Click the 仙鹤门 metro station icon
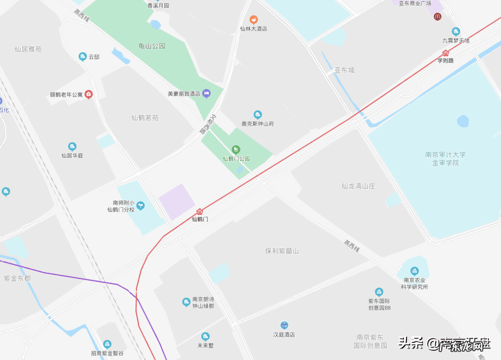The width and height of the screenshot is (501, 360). click(x=200, y=212)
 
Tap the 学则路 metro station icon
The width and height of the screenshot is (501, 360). click(x=446, y=53)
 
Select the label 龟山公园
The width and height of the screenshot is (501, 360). click(x=152, y=46)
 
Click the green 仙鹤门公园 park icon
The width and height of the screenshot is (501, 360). click(x=236, y=149)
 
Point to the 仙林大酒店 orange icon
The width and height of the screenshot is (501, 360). click(x=253, y=19)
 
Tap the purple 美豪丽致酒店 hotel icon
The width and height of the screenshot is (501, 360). click(x=206, y=93)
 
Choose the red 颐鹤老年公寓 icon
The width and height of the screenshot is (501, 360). click(x=89, y=95)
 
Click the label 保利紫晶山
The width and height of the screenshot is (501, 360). click(x=282, y=251)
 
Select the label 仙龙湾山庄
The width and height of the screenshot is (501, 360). click(x=358, y=186)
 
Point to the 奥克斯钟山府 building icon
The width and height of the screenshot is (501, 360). click(x=258, y=115)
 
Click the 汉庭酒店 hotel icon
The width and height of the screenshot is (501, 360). click(x=284, y=325)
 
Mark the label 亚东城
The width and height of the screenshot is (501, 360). click(x=344, y=70)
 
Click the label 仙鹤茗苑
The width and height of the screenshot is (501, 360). click(x=145, y=118)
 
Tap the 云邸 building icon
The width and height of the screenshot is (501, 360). click(x=83, y=57)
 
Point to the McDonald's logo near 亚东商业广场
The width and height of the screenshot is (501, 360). click(x=437, y=17)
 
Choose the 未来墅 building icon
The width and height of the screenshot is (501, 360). click(x=205, y=336)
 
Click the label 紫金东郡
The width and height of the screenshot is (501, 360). click(x=17, y=278)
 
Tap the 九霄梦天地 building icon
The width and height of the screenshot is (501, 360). click(x=456, y=32)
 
